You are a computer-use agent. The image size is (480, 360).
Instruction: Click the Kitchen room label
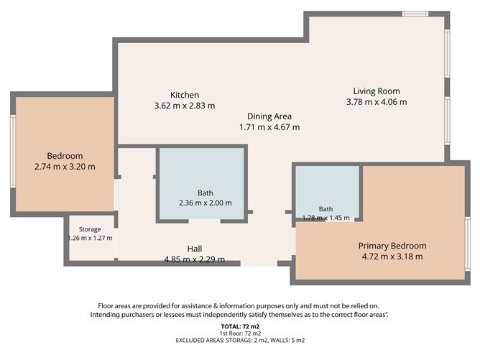tap(185, 95)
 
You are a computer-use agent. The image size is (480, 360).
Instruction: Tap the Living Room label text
tap(377, 91)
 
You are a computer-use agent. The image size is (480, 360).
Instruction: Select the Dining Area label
tap(269, 116)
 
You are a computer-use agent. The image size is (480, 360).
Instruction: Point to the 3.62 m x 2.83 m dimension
tap(185, 106)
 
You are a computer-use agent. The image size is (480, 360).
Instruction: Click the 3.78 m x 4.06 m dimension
tap(377, 102)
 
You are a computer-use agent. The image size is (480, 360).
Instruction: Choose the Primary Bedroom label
tap(392, 246)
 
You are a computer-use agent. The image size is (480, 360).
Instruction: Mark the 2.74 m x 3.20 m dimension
tap(65, 167)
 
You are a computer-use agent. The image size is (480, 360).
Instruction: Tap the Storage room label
tap(90, 229)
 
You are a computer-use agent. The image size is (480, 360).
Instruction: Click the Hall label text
tap(195, 249)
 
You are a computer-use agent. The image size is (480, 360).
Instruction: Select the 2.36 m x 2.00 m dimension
tap(206, 203)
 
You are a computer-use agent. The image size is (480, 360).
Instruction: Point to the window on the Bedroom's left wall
tap(13, 151)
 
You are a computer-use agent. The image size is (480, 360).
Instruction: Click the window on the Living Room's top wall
tap(415, 14)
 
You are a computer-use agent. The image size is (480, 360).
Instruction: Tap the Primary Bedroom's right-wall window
tap(468, 244)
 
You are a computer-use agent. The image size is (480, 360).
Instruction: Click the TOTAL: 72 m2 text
tap(240, 327)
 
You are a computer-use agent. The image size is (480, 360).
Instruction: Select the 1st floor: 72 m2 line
tap(240, 333)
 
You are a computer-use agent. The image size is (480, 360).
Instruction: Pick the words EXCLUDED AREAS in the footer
tap(200, 340)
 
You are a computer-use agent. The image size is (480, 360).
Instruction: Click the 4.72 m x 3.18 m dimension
tap(392, 257)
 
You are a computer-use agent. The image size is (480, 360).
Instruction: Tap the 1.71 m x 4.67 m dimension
tap(269, 127)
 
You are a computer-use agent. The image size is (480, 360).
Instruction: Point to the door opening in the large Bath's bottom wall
tap(205, 221)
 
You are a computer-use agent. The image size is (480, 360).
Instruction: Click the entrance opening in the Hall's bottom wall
tap(259, 263)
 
